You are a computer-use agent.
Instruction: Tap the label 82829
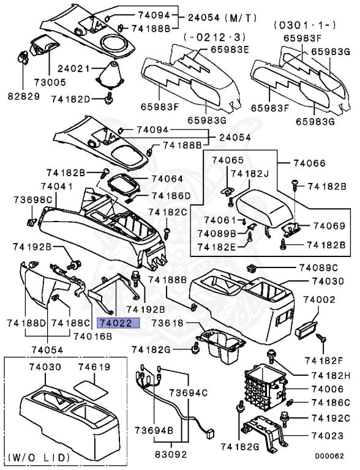coord(23,97)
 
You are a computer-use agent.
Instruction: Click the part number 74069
coord(331,226)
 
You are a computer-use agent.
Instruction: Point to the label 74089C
coord(318,268)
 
